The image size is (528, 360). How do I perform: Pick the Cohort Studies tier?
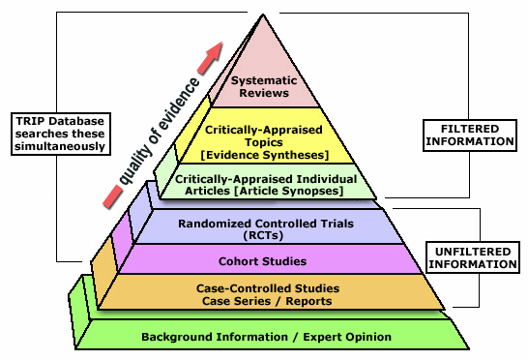264,259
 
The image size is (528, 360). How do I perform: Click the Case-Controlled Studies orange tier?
264,293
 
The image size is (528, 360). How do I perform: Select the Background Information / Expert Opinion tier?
266,336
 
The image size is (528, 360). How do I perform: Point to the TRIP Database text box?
59,133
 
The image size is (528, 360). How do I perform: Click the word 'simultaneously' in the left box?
59,146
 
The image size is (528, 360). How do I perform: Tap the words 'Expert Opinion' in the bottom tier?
344,337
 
